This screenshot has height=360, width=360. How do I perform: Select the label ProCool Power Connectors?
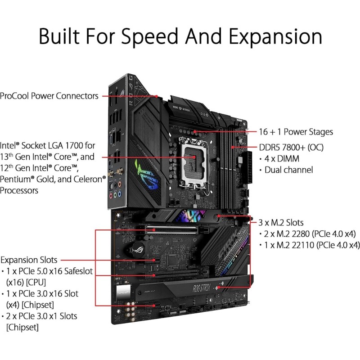pyautogui.click(x=49, y=96)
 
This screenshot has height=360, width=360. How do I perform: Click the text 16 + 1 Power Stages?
pyautogui.click(x=296, y=132)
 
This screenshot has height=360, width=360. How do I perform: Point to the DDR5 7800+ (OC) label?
pyautogui.click(x=291, y=148)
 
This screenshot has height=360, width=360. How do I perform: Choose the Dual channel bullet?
pyautogui.click(x=288, y=170)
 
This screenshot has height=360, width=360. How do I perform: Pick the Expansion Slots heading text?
pyautogui.click(x=29, y=260)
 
